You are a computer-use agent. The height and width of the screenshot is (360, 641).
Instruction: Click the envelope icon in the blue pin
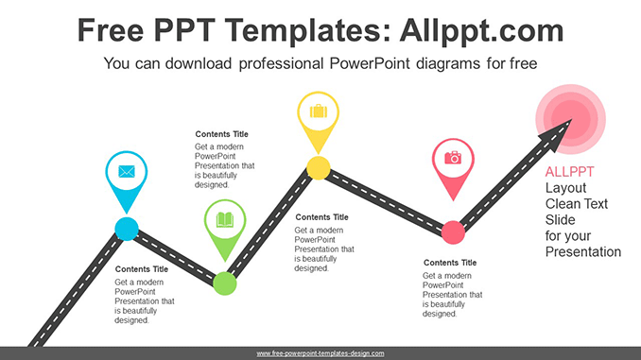pos(127,171)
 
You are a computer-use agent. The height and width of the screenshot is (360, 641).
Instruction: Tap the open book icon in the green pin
pos(225,219)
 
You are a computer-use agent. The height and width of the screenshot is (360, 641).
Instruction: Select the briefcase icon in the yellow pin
pos(319,111)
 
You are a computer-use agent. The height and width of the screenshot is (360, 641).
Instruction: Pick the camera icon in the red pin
pos(453,157)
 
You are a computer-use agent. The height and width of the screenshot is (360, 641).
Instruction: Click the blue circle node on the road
pos(127,229)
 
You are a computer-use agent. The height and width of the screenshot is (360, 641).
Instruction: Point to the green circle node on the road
pos(225,283)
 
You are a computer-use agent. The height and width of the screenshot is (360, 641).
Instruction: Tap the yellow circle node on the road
pos(319,168)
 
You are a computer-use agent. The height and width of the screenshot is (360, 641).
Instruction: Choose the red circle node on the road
pos(453,232)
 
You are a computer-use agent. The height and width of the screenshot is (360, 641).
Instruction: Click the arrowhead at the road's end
pos(557,134)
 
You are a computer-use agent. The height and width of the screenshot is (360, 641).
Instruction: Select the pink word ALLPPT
pos(569,172)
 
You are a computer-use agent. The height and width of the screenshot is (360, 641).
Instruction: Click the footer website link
pos(320,353)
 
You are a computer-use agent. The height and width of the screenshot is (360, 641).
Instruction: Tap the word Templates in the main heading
pos(303,30)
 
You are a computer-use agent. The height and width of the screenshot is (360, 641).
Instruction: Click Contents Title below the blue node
pos(142,269)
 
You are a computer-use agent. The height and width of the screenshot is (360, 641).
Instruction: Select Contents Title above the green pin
pos(221,134)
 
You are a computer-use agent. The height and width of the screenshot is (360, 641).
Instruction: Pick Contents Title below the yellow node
pos(321,217)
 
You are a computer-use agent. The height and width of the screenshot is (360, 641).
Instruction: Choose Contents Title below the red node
pos(450,263)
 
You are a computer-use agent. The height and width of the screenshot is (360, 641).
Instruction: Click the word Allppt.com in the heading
pos(482,31)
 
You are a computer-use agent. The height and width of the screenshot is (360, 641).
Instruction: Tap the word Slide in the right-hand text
pos(560,220)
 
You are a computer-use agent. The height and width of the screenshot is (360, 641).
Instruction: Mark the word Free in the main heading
pos(111,30)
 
